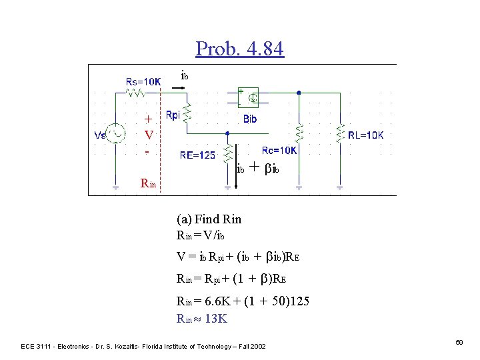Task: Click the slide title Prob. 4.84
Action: [x=240, y=49]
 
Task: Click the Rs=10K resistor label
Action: [x=143, y=81]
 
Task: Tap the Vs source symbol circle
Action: [x=118, y=135]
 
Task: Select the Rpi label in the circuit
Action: [x=172, y=115]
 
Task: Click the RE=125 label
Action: [x=197, y=155]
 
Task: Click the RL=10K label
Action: [x=365, y=135]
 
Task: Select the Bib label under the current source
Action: [x=250, y=119]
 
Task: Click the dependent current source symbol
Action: [x=252, y=99]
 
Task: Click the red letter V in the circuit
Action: [x=149, y=135]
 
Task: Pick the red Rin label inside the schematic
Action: [x=147, y=183]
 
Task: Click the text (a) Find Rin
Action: [x=209, y=219]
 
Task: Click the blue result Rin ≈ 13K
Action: [x=201, y=319]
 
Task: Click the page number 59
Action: [x=459, y=342]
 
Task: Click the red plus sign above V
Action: [x=149, y=119]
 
